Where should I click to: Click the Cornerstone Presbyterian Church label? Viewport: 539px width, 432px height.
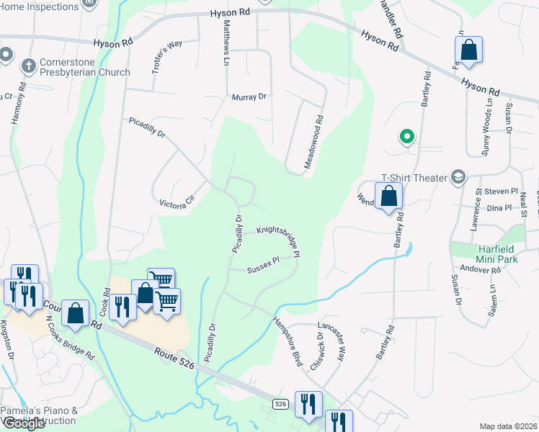(x=85, y=67)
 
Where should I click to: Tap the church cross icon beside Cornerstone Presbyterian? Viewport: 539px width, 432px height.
(x=29, y=67)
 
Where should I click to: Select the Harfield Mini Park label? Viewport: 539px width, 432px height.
(x=498, y=254)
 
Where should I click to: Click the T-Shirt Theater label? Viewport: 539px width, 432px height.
(x=414, y=178)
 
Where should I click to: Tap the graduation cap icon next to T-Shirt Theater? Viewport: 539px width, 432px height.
(x=458, y=177)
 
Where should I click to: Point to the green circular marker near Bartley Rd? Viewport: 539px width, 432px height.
(x=407, y=135)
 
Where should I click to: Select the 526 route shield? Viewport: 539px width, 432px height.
(x=281, y=405)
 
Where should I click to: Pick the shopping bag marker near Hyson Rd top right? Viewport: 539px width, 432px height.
(x=468, y=50)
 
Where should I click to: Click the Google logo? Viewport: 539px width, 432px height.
(x=24, y=423)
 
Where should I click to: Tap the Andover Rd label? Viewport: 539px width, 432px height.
(x=485, y=270)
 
